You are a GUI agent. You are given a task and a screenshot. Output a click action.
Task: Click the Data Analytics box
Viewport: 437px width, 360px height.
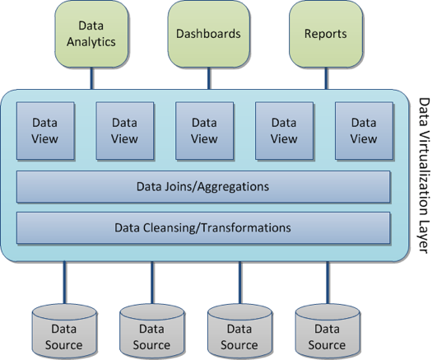click(91, 34)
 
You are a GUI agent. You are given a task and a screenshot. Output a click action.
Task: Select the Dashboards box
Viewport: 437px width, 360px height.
click(209, 34)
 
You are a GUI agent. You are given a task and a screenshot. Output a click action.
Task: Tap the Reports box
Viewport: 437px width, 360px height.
click(326, 34)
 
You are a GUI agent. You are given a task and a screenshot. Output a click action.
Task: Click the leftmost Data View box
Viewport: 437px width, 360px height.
click(45, 131)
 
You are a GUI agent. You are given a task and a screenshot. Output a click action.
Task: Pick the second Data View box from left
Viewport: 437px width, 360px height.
click(125, 131)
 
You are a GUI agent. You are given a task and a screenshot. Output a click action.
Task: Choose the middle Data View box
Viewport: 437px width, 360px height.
click(205, 131)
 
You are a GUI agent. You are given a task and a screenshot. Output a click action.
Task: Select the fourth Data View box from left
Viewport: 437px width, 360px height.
click(284, 131)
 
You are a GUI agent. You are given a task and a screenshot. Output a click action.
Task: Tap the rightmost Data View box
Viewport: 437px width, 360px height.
click(364, 131)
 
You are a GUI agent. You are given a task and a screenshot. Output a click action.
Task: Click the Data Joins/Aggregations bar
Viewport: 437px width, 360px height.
click(203, 187)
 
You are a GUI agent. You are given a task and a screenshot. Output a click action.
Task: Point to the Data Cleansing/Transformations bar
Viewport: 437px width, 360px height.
click(203, 227)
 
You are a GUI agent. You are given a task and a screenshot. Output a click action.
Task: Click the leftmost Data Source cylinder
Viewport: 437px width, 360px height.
click(64, 331)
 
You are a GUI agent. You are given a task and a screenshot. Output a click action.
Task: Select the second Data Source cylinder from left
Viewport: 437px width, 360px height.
click(152, 331)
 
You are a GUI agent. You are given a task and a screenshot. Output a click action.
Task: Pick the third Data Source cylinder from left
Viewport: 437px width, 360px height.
click(239, 331)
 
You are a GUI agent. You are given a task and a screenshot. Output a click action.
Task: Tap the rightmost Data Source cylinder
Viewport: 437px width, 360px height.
click(328, 331)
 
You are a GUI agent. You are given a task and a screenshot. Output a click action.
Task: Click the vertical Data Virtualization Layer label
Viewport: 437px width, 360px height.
click(425, 175)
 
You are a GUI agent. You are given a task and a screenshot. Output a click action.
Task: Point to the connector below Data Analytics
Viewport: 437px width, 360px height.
click(91, 78)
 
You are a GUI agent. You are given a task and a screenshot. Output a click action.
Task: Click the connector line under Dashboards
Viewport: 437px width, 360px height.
click(209, 78)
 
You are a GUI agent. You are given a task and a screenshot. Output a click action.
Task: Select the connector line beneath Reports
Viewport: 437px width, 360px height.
click(326, 78)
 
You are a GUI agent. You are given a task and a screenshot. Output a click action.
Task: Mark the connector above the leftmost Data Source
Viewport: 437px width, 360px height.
click(64, 283)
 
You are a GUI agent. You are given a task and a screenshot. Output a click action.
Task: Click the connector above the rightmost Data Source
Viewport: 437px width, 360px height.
click(328, 283)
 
